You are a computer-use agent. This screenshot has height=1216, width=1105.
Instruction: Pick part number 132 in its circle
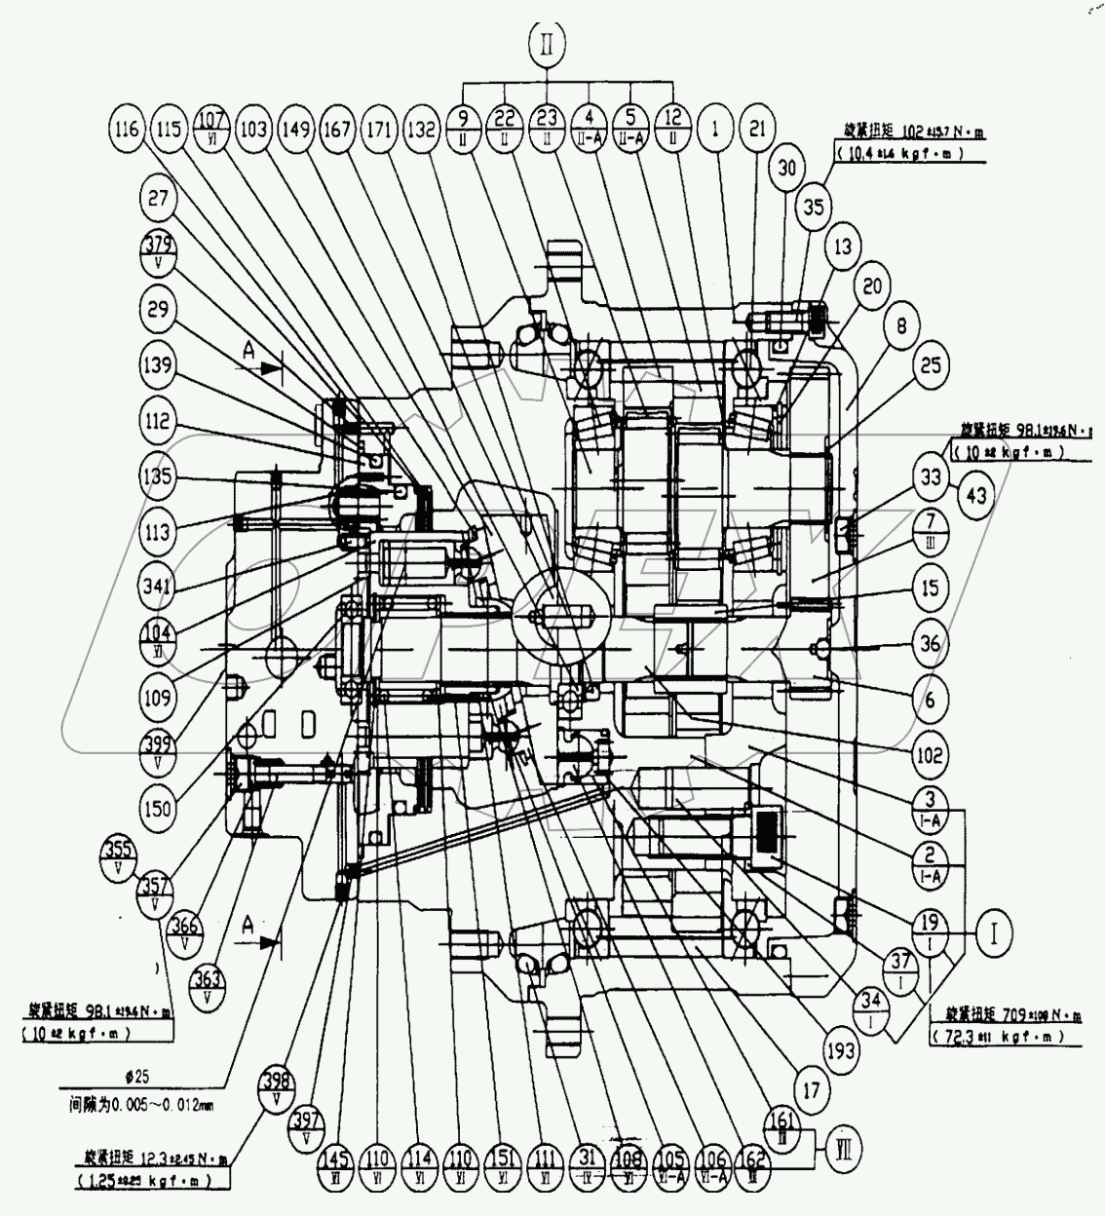421,129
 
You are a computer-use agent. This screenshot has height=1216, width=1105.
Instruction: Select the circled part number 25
931,365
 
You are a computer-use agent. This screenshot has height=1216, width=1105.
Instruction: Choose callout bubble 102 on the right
929,753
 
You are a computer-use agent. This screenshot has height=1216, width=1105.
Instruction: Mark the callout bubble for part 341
158,587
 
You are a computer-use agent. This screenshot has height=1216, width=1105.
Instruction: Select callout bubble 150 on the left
157,808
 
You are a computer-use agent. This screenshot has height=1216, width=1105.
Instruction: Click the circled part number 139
158,365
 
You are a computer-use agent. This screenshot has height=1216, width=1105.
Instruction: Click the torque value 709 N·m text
1005,1016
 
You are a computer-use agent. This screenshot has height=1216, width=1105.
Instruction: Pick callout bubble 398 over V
278,1084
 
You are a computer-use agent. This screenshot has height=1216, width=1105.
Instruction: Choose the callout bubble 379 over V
158,253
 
